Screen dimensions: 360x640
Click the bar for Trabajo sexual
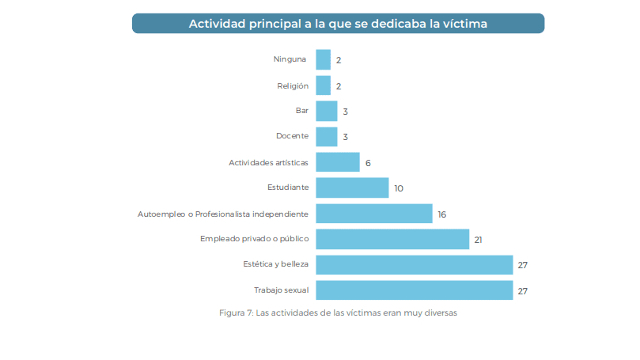click(x=414, y=290)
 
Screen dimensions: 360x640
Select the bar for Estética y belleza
click(x=414, y=264)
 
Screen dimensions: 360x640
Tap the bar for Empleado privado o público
click(x=392, y=239)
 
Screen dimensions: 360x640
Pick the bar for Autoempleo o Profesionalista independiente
click(x=373, y=214)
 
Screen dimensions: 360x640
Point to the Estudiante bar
click(x=352, y=188)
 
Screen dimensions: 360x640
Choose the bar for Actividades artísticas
click(x=338, y=162)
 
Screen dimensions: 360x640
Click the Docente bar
click(x=327, y=137)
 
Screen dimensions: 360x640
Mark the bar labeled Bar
click(x=327, y=111)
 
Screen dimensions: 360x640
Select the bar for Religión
click(x=323, y=85)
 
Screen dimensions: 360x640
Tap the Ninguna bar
click(x=323, y=59)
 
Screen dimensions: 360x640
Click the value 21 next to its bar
click(x=479, y=240)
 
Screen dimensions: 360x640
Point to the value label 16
click(x=442, y=214)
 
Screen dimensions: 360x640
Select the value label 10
click(x=399, y=188)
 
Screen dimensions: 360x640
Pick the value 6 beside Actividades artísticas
click(x=368, y=163)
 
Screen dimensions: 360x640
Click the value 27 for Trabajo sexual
click(x=522, y=291)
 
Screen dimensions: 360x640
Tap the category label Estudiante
click(x=288, y=188)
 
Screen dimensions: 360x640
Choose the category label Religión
click(x=291, y=85)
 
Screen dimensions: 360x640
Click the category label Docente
click(x=292, y=137)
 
